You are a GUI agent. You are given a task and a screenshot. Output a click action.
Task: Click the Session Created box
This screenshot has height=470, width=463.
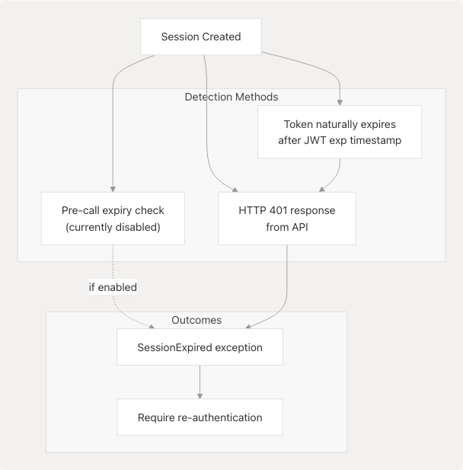tap(201, 37)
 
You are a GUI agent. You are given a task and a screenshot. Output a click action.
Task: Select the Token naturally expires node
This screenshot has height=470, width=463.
tap(340, 132)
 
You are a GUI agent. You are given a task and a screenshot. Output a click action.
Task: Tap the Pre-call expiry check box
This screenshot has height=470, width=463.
tap(113, 218)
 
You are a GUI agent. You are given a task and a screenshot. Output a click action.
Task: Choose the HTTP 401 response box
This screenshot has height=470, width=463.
tap(286, 218)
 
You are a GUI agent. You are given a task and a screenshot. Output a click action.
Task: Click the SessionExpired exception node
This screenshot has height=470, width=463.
tap(200, 347)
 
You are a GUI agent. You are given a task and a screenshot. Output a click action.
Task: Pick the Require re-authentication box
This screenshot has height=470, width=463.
tap(200, 417)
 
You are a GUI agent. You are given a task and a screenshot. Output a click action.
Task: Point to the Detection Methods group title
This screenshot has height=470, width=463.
tap(231, 97)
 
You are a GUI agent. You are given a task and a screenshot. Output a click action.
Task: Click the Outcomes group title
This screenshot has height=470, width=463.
tap(196, 320)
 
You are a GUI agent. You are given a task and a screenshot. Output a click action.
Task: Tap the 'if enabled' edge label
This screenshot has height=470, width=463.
tap(113, 287)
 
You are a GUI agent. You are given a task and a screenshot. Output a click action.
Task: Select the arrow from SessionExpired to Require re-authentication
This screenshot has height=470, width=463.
tap(200, 382)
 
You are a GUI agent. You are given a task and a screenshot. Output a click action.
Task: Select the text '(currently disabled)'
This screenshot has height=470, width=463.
tap(113, 226)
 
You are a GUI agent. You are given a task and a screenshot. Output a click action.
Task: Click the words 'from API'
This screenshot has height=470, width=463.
tap(286, 226)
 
